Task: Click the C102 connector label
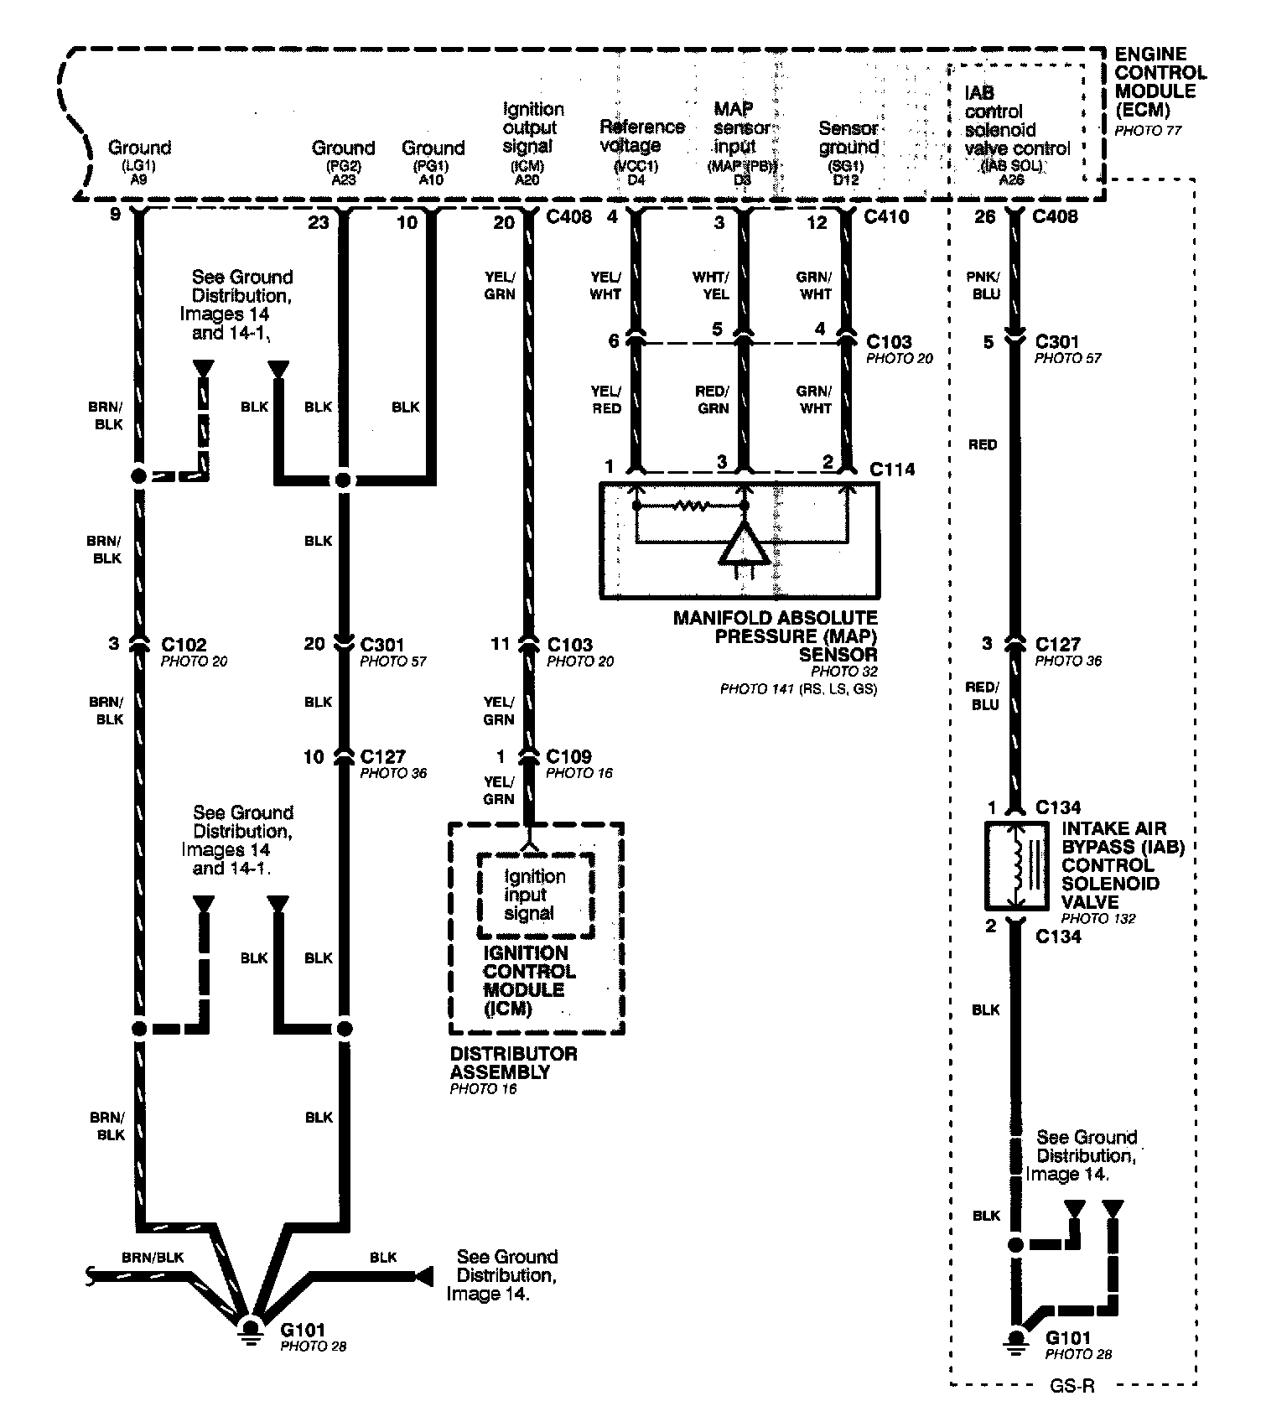(x=184, y=645)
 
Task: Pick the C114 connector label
(x=892, y=470)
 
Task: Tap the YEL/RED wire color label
(x=606, y=400)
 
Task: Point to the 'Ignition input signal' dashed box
(x=535, y=895)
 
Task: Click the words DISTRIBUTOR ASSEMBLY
(x=513, y=1062)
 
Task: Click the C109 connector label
(x=568, y=756)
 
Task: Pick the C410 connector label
(x=887, y=218)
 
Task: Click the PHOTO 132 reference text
(x=1098, y=918)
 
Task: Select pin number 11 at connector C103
(x=500, y=644)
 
